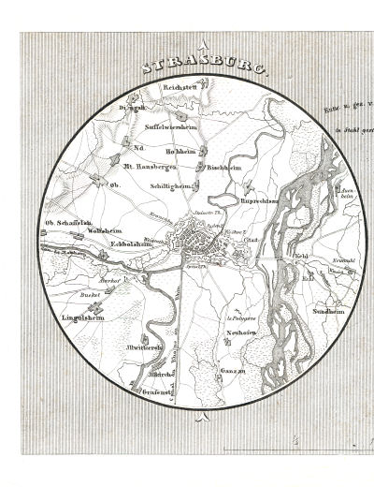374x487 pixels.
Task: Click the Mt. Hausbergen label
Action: pyautogui.click(x=151, y=165)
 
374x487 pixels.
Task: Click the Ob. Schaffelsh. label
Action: pyautogui.click(x=68, y=222)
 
